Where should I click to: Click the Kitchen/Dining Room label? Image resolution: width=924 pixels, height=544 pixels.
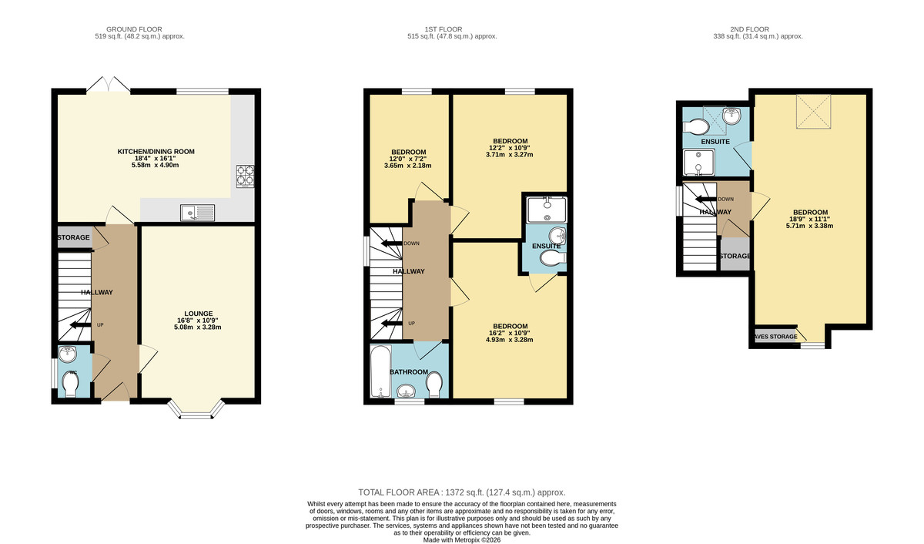point(156,152)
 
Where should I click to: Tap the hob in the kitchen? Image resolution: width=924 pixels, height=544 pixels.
point(244,176)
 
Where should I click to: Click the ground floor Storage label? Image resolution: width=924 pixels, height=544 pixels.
point(74,238)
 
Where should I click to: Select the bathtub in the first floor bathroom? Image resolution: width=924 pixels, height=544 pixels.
point(380,373)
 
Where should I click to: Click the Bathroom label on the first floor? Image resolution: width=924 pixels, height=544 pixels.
point(408,372)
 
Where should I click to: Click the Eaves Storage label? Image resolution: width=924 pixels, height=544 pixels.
point(776,337)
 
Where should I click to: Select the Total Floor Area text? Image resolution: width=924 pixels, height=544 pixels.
point(462,492)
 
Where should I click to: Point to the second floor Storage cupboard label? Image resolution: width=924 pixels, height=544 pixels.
point(735,256)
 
